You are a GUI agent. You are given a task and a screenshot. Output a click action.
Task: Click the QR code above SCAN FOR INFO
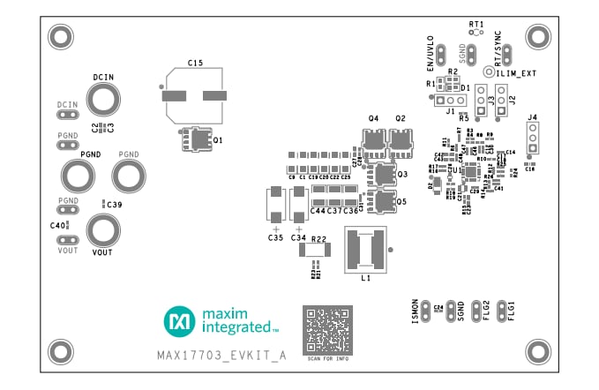[x=327, y=329]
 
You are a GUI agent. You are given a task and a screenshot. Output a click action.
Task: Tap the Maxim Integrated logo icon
[x=179, y=322]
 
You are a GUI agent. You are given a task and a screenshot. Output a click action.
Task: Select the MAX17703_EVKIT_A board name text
[x=221, y=356]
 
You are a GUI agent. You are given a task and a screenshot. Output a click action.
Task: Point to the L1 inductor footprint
[x=363, y=249]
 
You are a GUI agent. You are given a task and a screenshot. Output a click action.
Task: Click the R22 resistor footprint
[x=315, y=250]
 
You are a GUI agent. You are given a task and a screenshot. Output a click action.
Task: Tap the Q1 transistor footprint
[x=198, y=139]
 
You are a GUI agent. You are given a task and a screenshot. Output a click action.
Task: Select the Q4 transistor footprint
[x=374, y=139]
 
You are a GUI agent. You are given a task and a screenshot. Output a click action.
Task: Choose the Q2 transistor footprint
[x=401, y=139]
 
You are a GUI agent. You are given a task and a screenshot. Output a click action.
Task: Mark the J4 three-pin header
[x=532, y=138]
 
